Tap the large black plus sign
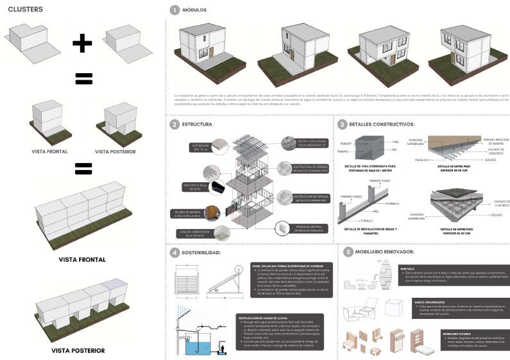pos(83,43)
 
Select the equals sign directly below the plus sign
pos(83,78)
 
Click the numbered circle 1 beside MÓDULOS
pos(174,10)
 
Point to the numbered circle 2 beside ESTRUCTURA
pos(174,124)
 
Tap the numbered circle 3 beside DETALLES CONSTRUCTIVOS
pos(343,124)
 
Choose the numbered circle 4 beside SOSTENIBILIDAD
pos(174,252)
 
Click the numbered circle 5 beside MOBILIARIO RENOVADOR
pos(348,252)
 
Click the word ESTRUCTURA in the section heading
pos(197,124)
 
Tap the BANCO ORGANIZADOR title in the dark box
pos(429,302)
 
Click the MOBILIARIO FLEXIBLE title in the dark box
pos(453,333)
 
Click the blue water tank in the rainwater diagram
pos(201,346)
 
